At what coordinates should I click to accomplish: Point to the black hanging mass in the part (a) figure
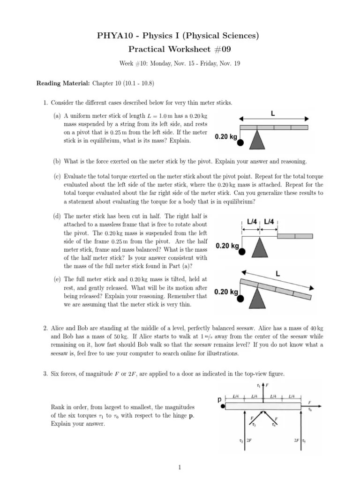click(x=240, y=143)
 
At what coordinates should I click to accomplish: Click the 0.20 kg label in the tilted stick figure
click(x=226, y=292)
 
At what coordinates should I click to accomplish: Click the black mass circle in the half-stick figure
click(x=241, y=252)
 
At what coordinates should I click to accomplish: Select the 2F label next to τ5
click(x=296, y=441)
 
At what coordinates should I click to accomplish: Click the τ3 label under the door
click(x=254, y=425)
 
